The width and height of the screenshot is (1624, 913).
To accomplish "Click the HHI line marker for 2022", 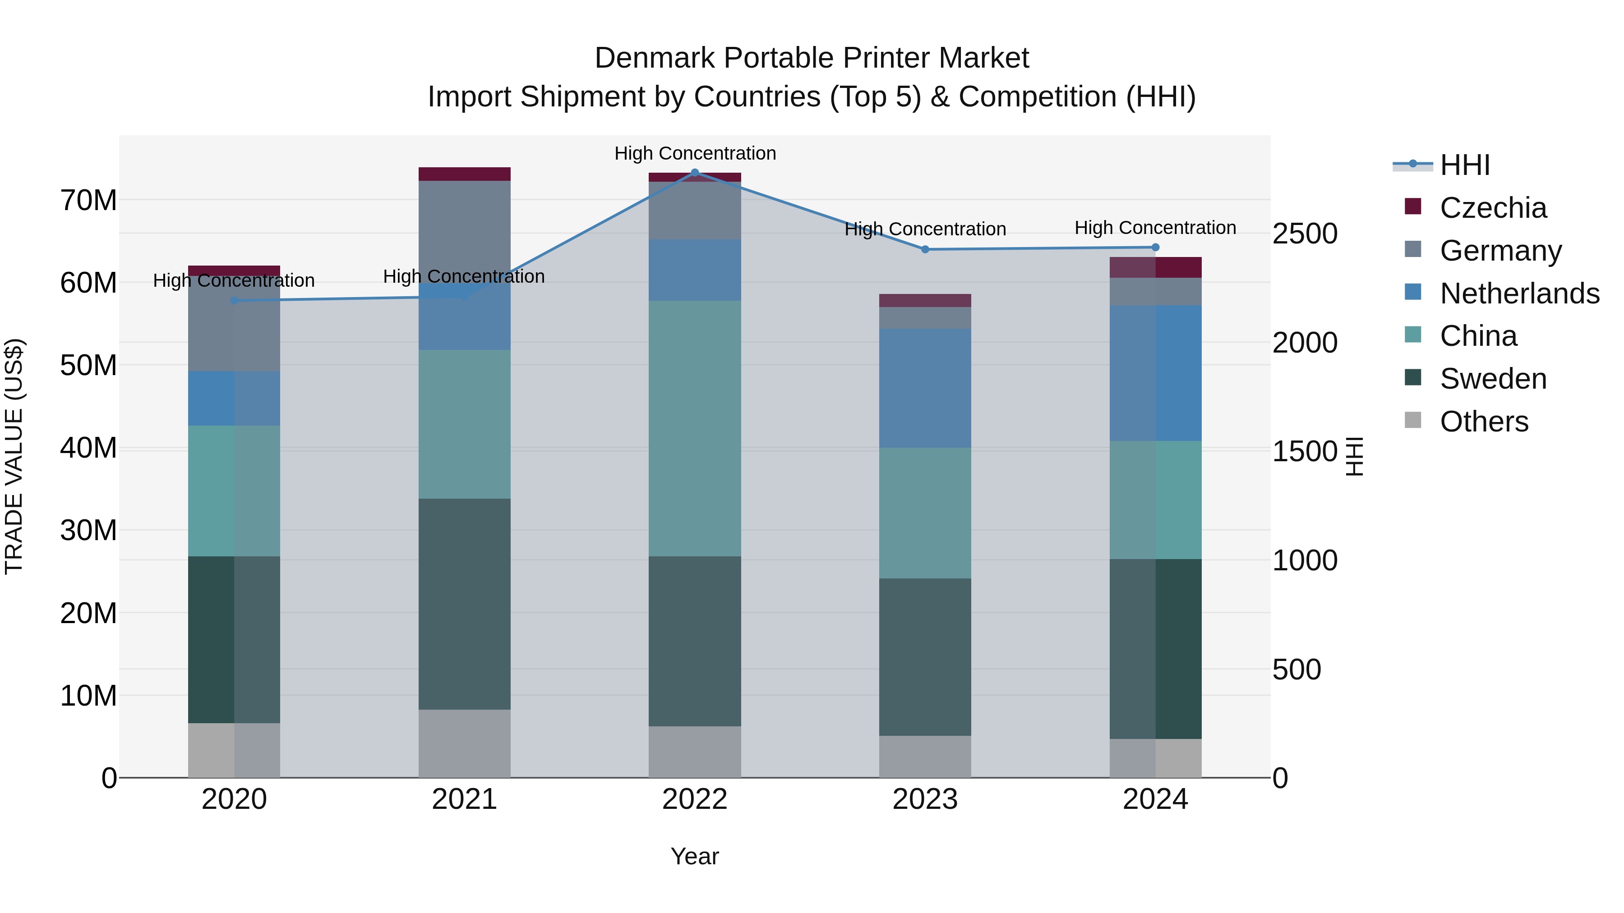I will point(695,173).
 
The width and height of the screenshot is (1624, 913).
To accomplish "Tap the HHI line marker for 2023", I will point(925,249).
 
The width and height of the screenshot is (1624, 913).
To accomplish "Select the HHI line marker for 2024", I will point(1155,248).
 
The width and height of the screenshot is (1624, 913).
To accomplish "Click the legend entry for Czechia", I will point(1493,208).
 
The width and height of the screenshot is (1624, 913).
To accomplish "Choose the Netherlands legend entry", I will point(1519,294).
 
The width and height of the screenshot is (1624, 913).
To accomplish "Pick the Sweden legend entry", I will point(1493,379).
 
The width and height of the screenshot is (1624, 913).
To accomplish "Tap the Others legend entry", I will point(1484,422).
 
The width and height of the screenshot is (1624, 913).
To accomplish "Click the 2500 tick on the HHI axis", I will point(1304,234).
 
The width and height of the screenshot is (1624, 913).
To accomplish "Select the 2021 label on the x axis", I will point(464,799).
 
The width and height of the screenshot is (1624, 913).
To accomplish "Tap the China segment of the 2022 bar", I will point(695,428).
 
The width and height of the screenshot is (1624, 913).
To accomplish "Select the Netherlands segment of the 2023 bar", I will point(925,388).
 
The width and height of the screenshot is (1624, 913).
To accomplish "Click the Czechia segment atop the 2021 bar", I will point(464,174).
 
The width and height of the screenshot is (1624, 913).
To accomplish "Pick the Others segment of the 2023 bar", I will point(925,756).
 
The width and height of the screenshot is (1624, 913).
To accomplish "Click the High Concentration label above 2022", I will point(695,153).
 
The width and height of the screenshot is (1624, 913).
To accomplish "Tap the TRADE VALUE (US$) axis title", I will point(14,456).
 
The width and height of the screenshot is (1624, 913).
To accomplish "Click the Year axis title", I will point(695,856).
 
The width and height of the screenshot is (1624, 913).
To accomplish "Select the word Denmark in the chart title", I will point(653,58).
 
